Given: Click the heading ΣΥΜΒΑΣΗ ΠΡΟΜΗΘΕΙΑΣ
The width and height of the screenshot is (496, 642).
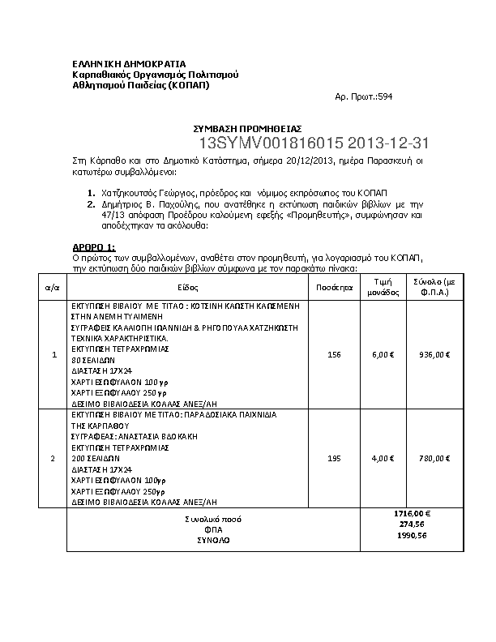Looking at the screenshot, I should click(x=247, y=128).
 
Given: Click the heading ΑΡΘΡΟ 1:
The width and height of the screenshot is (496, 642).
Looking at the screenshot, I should click(x=94, y=246).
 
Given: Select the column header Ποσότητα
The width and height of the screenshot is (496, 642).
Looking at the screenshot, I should click(x=334, y=288).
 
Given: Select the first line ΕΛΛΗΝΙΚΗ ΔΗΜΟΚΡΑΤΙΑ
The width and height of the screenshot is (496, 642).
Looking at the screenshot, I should click(x=129, y=63).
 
